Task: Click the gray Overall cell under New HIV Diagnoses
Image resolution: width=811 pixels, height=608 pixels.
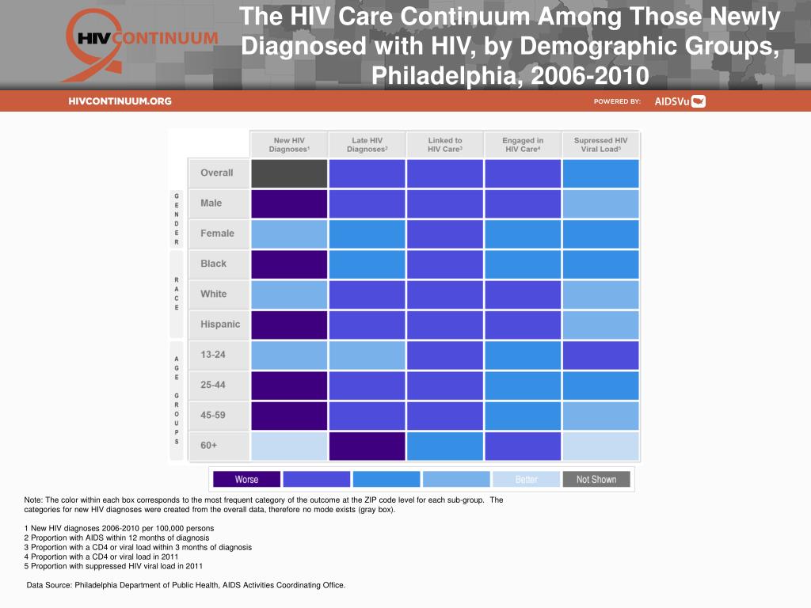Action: point(289,173)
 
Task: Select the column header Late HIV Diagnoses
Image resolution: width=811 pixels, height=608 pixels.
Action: point(367,145)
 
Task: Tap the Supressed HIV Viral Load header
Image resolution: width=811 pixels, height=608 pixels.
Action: point(600,145)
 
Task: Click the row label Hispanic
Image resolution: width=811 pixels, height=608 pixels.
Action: point(219,325)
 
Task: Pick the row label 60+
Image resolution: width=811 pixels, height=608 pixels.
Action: point(209,446)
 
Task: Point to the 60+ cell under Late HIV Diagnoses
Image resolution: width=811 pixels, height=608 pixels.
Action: point(367,446)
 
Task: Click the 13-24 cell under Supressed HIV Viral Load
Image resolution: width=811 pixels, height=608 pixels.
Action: point(600,355)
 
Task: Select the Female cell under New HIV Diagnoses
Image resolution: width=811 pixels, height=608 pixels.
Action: point(289,234)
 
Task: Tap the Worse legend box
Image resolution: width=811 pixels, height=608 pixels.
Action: point(246,479)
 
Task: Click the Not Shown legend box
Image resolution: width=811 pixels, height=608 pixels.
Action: point(596,479)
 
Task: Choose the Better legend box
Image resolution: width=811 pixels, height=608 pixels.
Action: point(526,479)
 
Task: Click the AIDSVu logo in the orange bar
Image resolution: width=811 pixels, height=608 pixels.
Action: point(680,101)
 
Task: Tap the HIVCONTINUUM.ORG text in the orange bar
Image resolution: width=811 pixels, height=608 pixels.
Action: point(120,101)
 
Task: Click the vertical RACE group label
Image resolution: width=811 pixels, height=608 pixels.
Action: point(177,294)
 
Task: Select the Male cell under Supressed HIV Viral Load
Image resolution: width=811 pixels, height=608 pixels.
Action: point(600,203)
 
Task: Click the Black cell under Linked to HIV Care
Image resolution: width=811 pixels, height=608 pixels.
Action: point(444,264)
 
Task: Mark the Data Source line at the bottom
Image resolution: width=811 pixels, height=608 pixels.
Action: point(186,585)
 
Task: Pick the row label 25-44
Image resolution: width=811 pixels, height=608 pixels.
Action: point(213,385)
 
